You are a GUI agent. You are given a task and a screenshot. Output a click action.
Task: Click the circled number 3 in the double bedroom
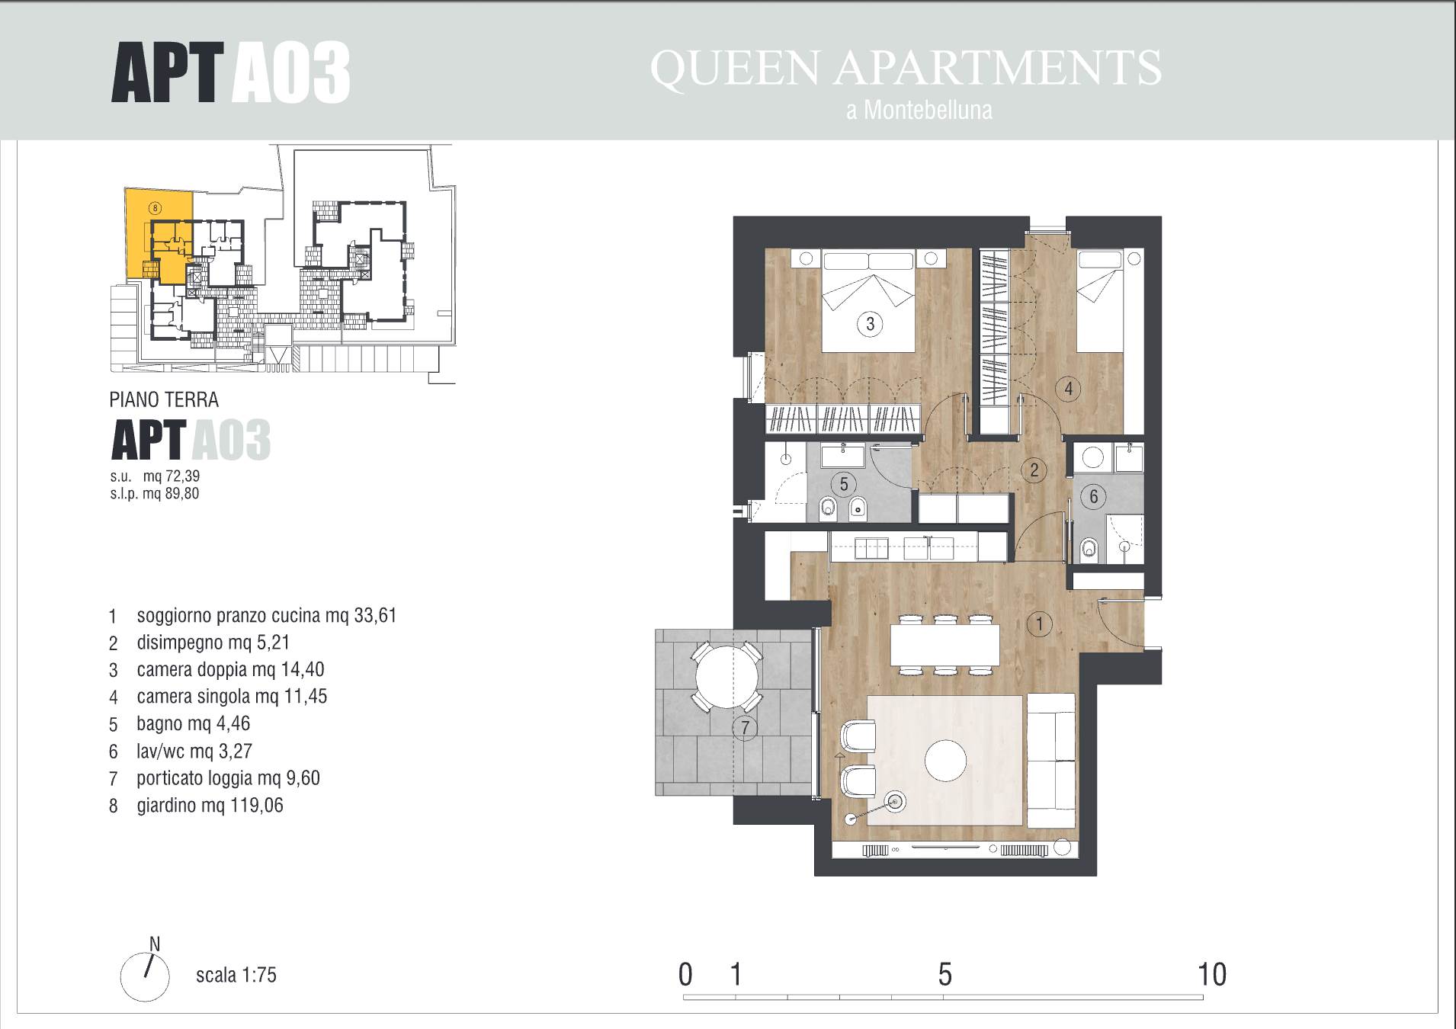click(x=870, y=324)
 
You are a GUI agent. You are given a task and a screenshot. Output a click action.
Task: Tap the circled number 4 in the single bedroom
click(x=1068, y=389)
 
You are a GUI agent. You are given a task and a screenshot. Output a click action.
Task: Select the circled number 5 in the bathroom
click(x=843, y=483)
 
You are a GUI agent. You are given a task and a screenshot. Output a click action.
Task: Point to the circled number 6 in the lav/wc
click(x=1093, y=497)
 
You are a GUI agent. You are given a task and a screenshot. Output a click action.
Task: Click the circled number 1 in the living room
click(x=1039, y=624)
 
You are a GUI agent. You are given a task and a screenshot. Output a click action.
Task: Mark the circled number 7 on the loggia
click(x=745, y=728)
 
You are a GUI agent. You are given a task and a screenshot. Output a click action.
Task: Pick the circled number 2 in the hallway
click(x=1034, y=470)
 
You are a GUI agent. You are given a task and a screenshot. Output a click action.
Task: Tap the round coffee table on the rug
click(x=945, y=760)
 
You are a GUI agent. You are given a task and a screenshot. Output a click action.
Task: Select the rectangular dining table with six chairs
click(x=945, y=645)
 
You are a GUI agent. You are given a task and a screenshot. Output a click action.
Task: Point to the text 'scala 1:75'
click(x=236, y=975)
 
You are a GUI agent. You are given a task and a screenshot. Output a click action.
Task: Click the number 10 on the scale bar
click(x=1212, y=974)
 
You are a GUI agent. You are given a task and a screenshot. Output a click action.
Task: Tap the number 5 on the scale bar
click(x=945, y=974)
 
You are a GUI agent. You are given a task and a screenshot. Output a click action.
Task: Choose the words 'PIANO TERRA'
click(x=164, y=399)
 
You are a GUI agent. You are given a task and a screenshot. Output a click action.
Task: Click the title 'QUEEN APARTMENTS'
click(x=906, y=67)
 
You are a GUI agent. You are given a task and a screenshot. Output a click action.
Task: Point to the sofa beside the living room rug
click(x=1051, y=760)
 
